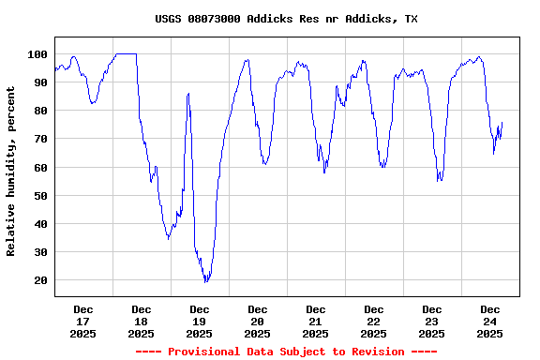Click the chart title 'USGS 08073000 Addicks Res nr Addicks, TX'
286,19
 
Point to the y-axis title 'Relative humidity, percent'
11,171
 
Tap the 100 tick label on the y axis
38,54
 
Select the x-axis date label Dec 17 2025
82,321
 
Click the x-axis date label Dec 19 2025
199,321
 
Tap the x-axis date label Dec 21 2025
315,321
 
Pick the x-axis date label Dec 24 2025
489,321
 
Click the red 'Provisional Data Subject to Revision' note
286,352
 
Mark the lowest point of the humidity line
205,280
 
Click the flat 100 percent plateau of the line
126,54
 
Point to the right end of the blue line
502,123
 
